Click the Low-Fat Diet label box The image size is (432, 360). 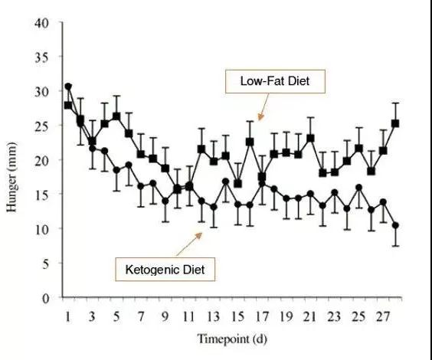click(x=275, y=81)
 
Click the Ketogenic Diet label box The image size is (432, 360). click(x=165, y=270)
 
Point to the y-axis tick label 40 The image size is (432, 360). click(x=41, y=23)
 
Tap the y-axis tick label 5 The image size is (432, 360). click(x=45, y=264)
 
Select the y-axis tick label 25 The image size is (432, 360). click(x=41, y=126)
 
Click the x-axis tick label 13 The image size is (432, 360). click(x=213, y=317)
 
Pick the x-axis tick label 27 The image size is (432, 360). click(x=383, y=317)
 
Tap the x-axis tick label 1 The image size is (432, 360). click(x=67, y=317)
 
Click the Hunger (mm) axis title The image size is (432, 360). click(x=11, y=177)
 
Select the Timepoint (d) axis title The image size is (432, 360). click(x=232, y=339)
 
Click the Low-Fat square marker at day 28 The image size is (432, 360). click(x=395, y=123)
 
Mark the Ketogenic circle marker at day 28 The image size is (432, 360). click(x=395, y=225)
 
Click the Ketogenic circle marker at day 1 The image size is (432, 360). click(x=68, y=87)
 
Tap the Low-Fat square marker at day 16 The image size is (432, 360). click(x=250, y=142)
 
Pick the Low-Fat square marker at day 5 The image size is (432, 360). click(x=116, y=116)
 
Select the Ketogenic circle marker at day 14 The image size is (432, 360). click(x=226, y=182)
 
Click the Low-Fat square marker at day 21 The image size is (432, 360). click(x=310, y=138)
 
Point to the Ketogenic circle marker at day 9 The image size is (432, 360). click(x=165, y=201)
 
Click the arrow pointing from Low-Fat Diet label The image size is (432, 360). click(x=263, y=107)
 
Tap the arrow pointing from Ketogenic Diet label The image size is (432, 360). click(x=189, y=244)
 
